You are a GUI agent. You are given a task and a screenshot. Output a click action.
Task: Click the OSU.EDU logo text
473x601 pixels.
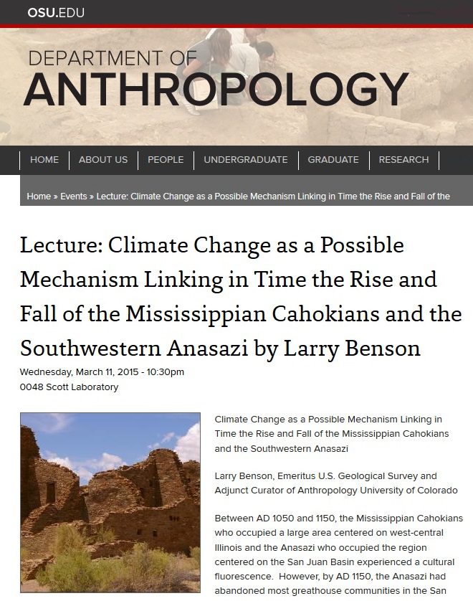tap(56, 12)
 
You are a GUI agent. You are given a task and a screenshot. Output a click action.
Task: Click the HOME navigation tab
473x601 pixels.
tap(44, 160)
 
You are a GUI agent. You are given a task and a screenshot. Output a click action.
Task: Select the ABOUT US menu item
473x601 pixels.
tap(103, 160)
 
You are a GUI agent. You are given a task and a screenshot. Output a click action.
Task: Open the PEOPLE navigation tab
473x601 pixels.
tap(166, 160)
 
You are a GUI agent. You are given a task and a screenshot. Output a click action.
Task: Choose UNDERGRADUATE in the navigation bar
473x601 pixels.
tap(245, 160)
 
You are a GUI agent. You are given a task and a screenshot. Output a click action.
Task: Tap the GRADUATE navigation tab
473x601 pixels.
tap(333, 160)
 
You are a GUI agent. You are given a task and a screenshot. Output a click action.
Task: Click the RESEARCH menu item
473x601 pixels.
tap(403, 160)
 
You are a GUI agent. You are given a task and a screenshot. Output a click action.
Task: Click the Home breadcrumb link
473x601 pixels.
tap(39, 197)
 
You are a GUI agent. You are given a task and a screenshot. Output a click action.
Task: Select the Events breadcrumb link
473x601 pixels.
tap(74, 197)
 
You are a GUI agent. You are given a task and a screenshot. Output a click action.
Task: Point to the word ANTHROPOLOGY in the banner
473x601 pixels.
tap(216, 90)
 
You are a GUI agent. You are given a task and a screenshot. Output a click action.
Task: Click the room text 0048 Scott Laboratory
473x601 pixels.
tap(69, 387)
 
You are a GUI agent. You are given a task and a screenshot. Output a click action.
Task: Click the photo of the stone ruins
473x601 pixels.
tap(110, 502)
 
